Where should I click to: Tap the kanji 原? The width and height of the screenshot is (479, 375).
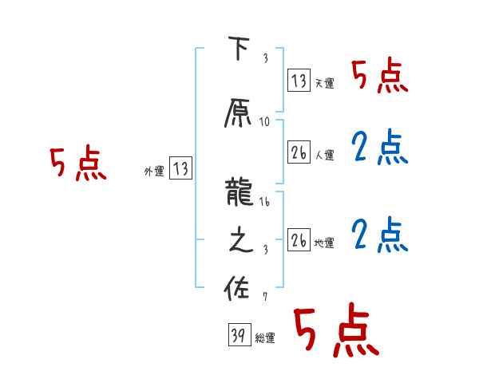pos(238,113)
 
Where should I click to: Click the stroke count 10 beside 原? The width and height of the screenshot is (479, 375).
pos(265,122)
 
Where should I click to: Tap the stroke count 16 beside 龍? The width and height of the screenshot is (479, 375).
pos(265,203)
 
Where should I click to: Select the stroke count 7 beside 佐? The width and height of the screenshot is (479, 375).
pos(264,297)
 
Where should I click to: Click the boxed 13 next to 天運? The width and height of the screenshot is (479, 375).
pos(299,80)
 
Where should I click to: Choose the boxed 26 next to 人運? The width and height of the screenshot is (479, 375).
pos(299,152)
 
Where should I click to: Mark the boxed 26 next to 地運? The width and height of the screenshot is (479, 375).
pos(299,240)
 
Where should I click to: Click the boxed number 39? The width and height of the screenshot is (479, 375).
pos(239,335)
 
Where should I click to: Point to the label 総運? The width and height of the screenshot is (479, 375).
pos(265,338)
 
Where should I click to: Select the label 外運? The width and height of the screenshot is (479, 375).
pos(153,170)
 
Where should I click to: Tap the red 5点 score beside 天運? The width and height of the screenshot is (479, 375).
pos(379,77)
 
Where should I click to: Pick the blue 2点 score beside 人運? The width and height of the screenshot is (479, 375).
pos(379,148)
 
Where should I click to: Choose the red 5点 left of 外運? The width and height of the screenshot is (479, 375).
pos(77,164)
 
